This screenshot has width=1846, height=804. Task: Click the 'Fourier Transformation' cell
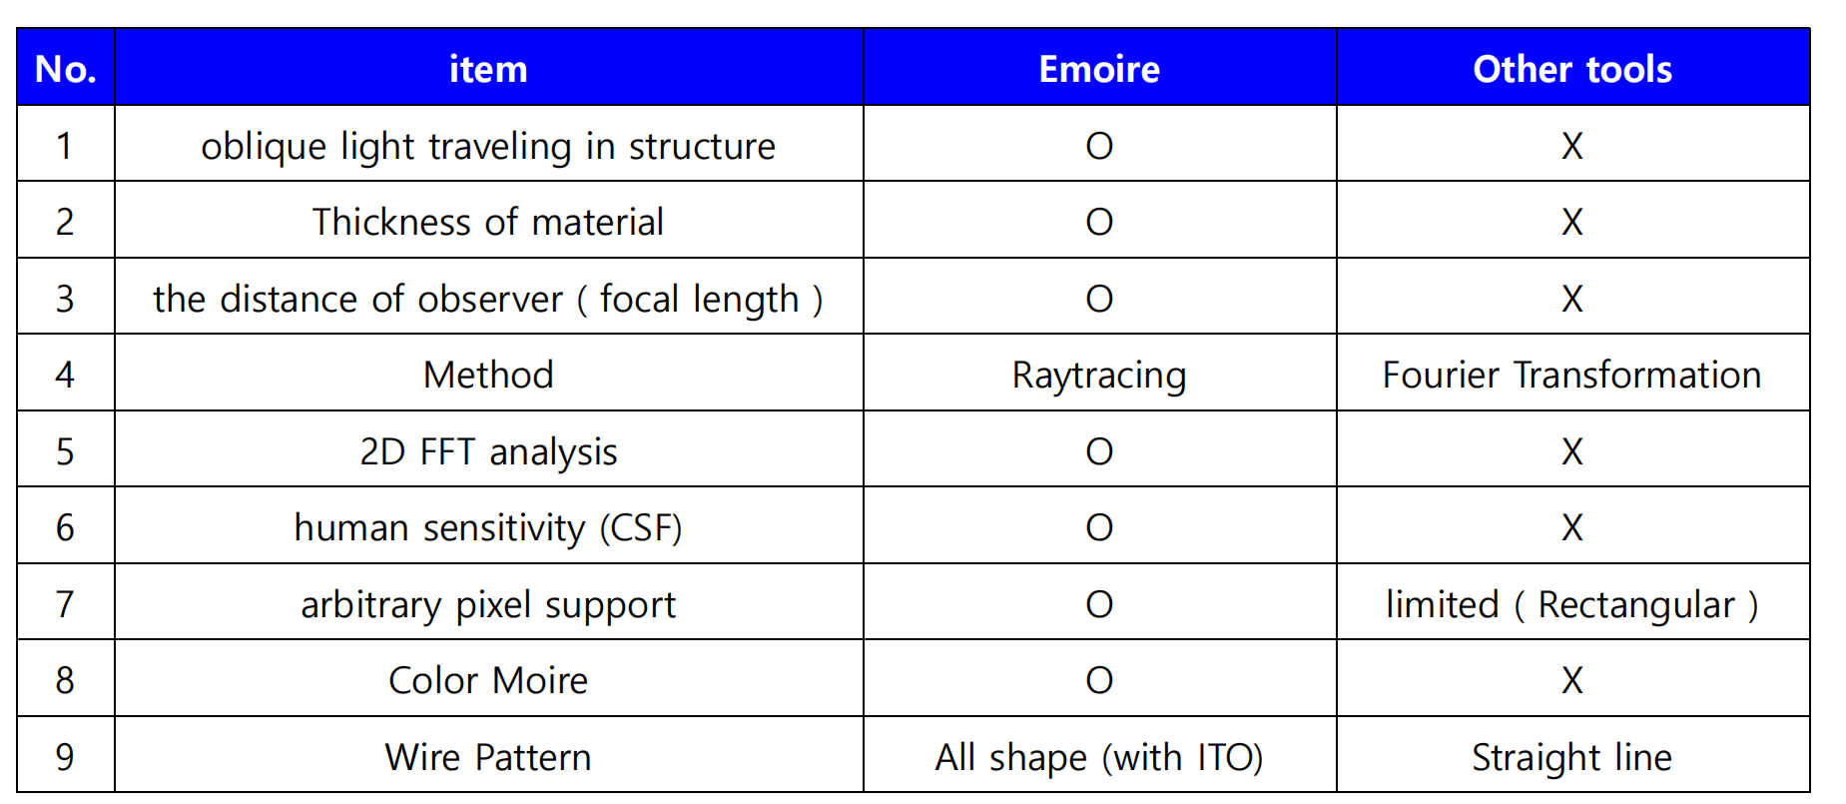coord(1572,375)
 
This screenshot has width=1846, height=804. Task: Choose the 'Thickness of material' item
coord(488,222)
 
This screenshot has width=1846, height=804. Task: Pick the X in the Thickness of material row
coord(1572,222)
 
